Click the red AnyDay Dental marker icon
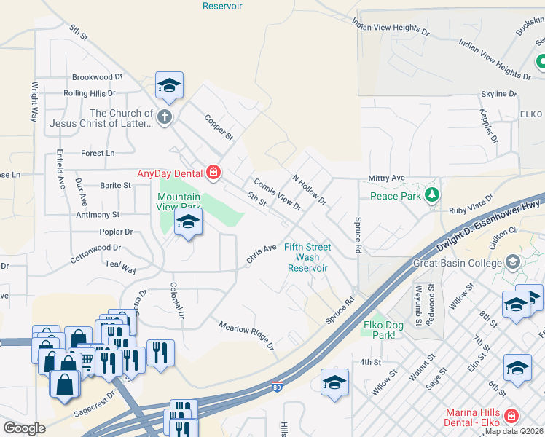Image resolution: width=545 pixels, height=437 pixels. coord(213,173)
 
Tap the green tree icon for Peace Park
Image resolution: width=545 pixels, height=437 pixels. coord(432,194)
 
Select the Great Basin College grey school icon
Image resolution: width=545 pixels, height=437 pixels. coord(513,261)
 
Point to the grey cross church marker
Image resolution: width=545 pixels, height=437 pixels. coord(165,117)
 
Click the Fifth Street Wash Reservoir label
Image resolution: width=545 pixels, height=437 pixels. coord(307,257)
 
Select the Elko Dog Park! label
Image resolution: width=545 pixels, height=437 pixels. coord(389,330)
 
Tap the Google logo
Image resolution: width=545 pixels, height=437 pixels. coord(24,428)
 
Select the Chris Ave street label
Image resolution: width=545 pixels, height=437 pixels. coord(261,253)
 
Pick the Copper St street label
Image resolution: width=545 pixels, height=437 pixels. coord(218,127)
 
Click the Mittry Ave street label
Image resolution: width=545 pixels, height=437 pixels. coord(386,178)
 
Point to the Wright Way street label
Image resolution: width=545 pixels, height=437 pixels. coord(34,101)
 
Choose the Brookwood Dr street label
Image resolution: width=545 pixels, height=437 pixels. coord(92,77)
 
